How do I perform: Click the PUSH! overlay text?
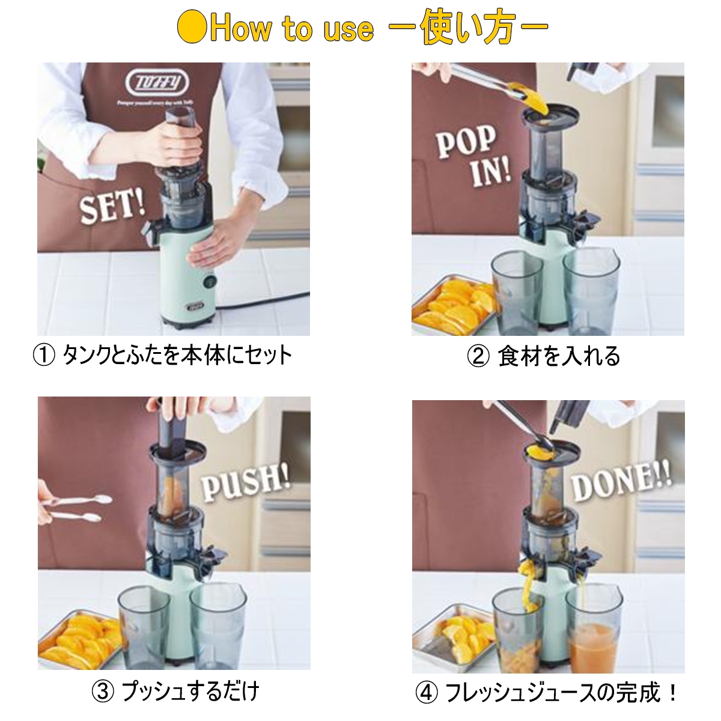pyautogui.click(x=246, y=481)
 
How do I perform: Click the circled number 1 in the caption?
pyautogui.click(x=44, y=356)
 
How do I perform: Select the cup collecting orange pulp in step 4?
pyautogui.click(x=517, y=631)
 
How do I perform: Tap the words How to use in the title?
pyautogui.click(x=291, y=28)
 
